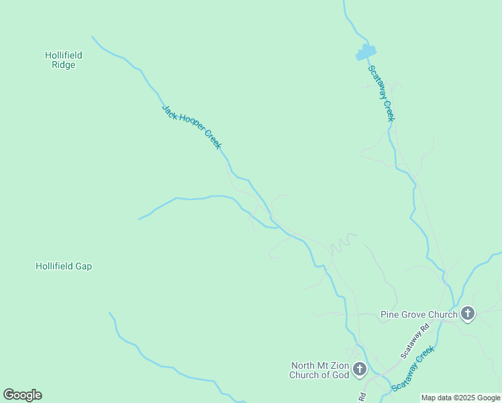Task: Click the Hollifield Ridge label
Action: click(63, 60)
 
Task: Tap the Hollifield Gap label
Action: click(64, 267)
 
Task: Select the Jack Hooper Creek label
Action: click(192, 126)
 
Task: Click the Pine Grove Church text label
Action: click(419, 314)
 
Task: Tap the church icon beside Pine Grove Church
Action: click(468, 314)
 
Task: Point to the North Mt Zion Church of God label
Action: click(319, 371)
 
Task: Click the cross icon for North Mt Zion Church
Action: click(360, 369)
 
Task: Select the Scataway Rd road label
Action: click(414, 342)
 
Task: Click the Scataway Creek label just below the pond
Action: click(381, 93)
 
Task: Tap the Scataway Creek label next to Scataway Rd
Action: click(413, 369)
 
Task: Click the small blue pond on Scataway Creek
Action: click(366, 52)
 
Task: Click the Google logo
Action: click(22, 395)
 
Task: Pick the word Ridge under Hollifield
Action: click(64, 65)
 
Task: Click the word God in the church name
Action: click(341, 375)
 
